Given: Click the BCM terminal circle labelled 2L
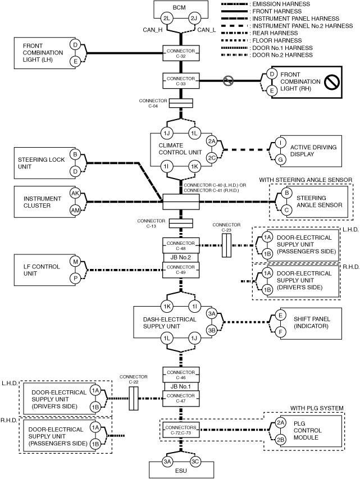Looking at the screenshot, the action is pos(167,19).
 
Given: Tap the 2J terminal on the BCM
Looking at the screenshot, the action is pos(194,19).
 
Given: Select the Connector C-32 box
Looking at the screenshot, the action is pos(181,53).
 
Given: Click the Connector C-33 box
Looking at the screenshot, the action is pos(181,81).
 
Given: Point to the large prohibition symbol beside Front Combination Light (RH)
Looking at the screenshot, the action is pos(331,81).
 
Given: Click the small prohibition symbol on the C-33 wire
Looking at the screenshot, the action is pos(228,81).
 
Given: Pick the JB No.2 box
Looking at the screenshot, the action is pos(181,258).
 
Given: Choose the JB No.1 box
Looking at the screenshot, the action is pos(181,386).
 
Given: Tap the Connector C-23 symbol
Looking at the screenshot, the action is pos(226,245).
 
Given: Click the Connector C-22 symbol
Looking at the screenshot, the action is pos(134,398).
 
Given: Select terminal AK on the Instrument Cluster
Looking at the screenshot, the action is pos(75,193).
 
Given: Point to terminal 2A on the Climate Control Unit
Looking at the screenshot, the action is pos(212,141).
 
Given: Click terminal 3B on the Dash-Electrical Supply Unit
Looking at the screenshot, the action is pos(212,330).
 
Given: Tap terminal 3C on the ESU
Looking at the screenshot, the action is pos(195,462).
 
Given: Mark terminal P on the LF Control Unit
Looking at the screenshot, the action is pos(75,279).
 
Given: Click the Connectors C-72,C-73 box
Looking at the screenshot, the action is pos(181,430).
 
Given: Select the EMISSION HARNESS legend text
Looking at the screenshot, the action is pos(281,4).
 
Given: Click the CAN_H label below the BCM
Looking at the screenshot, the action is pos(153,30).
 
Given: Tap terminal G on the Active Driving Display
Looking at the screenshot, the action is pos(281,159).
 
